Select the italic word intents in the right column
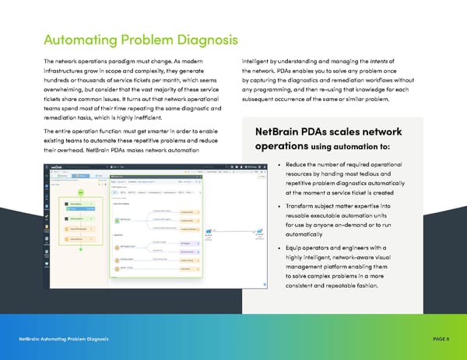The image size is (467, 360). click(387, 61)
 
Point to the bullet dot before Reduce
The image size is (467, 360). click(278, 166)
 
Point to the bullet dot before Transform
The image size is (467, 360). click(278, 205)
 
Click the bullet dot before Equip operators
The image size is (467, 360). click(278, 247)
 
